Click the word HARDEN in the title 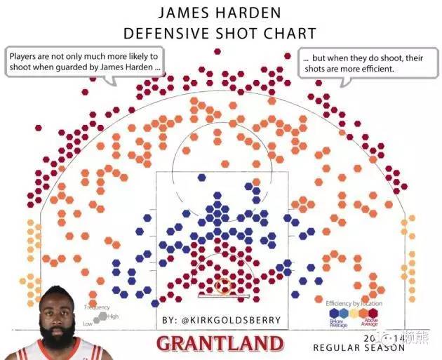pos(250,13)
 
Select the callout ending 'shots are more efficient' pos(361,62)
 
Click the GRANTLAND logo pos(220,344)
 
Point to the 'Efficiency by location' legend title pos(354,303)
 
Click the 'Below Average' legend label pos(337,324)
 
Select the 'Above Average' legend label pos(369,324)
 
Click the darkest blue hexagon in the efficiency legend pos(331,313)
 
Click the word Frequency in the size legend pos(97,307)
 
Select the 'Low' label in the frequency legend pos(88,324)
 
